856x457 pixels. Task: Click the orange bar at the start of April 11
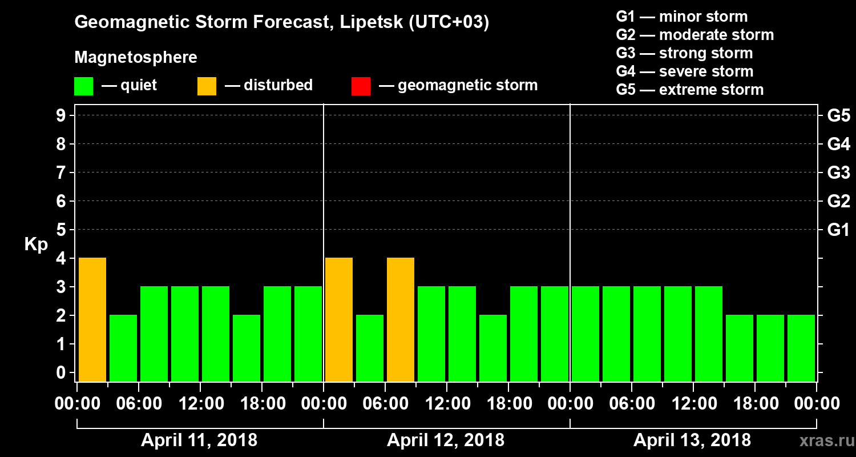(x=92, y=319)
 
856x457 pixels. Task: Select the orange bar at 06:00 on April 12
(x=401, y=319)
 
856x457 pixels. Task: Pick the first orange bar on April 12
(x=339, y=319)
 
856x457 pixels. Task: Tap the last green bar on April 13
(x=801, y=348)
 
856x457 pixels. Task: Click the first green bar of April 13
(x=586, y=334)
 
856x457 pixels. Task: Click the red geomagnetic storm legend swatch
(x=361, y=86)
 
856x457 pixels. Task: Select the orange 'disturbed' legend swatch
(x=207, y=86)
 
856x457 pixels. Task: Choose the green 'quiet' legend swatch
(x=83, y=86)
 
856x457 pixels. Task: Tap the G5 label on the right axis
(x=838, y=116)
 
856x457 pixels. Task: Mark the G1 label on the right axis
(x=838, y=230)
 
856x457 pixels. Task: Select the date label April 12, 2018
(x=446, y=440)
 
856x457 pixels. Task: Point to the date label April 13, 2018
(x=692, y=440)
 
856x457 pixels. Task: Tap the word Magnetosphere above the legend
(x=136, y=58)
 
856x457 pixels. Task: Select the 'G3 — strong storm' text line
(x=684, y=53)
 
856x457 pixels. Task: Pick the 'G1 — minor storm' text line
(x=682, y=17)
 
